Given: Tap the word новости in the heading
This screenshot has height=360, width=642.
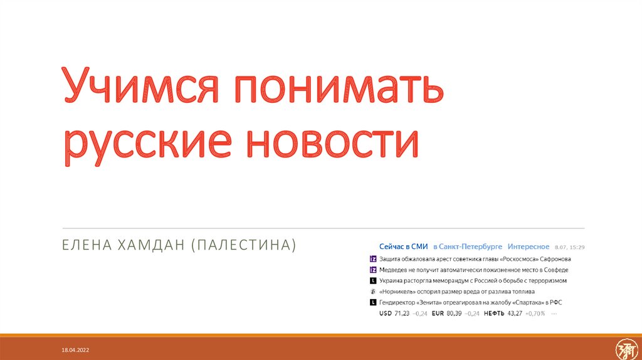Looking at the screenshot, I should point(332,143).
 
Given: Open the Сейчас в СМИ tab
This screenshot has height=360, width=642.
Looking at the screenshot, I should point(403,246).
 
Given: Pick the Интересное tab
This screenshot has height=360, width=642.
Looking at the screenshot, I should point(529,246).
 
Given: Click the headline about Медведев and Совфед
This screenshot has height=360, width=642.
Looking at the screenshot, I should point(474,270).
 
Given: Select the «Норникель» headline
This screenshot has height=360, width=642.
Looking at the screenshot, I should point(456,292).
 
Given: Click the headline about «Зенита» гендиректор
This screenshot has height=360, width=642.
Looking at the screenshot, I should point(470,302).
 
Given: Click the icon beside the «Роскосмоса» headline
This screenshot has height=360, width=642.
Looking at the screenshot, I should point(373,259).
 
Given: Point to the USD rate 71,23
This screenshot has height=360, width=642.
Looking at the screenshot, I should point(401,313).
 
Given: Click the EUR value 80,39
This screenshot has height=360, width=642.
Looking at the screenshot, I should point(454,313).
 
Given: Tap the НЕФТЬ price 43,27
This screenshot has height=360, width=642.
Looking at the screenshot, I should point(514,313).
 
